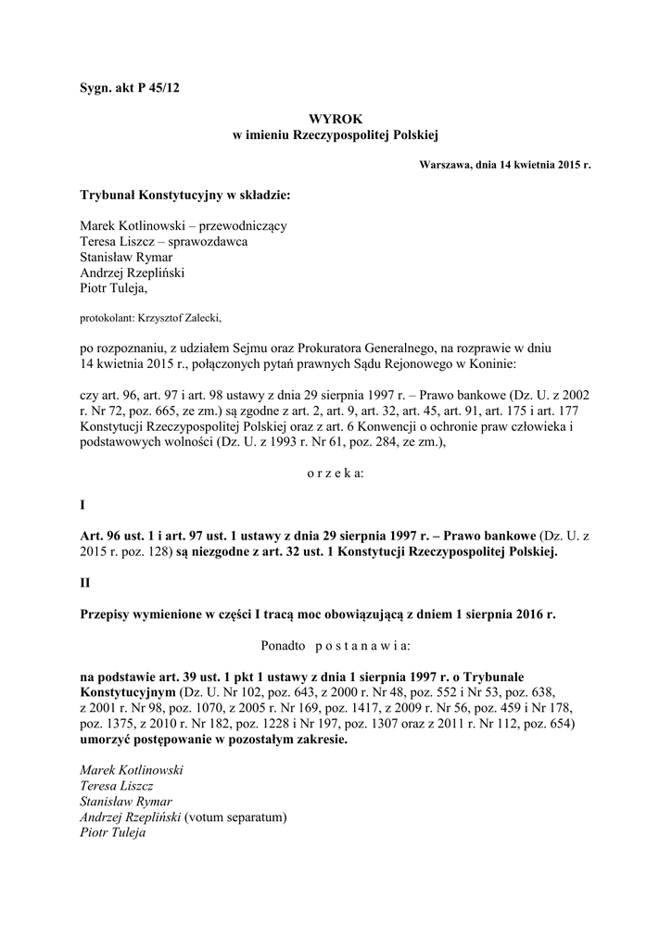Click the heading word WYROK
(x=335, y=120)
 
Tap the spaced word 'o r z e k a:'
(x=336, y=473)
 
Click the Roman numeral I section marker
(x=82, y=506)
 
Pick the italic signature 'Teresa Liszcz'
(x=118, y=786)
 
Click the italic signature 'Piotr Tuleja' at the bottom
(x=113, y=832)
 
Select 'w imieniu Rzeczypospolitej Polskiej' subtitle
(x=335, y=135)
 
